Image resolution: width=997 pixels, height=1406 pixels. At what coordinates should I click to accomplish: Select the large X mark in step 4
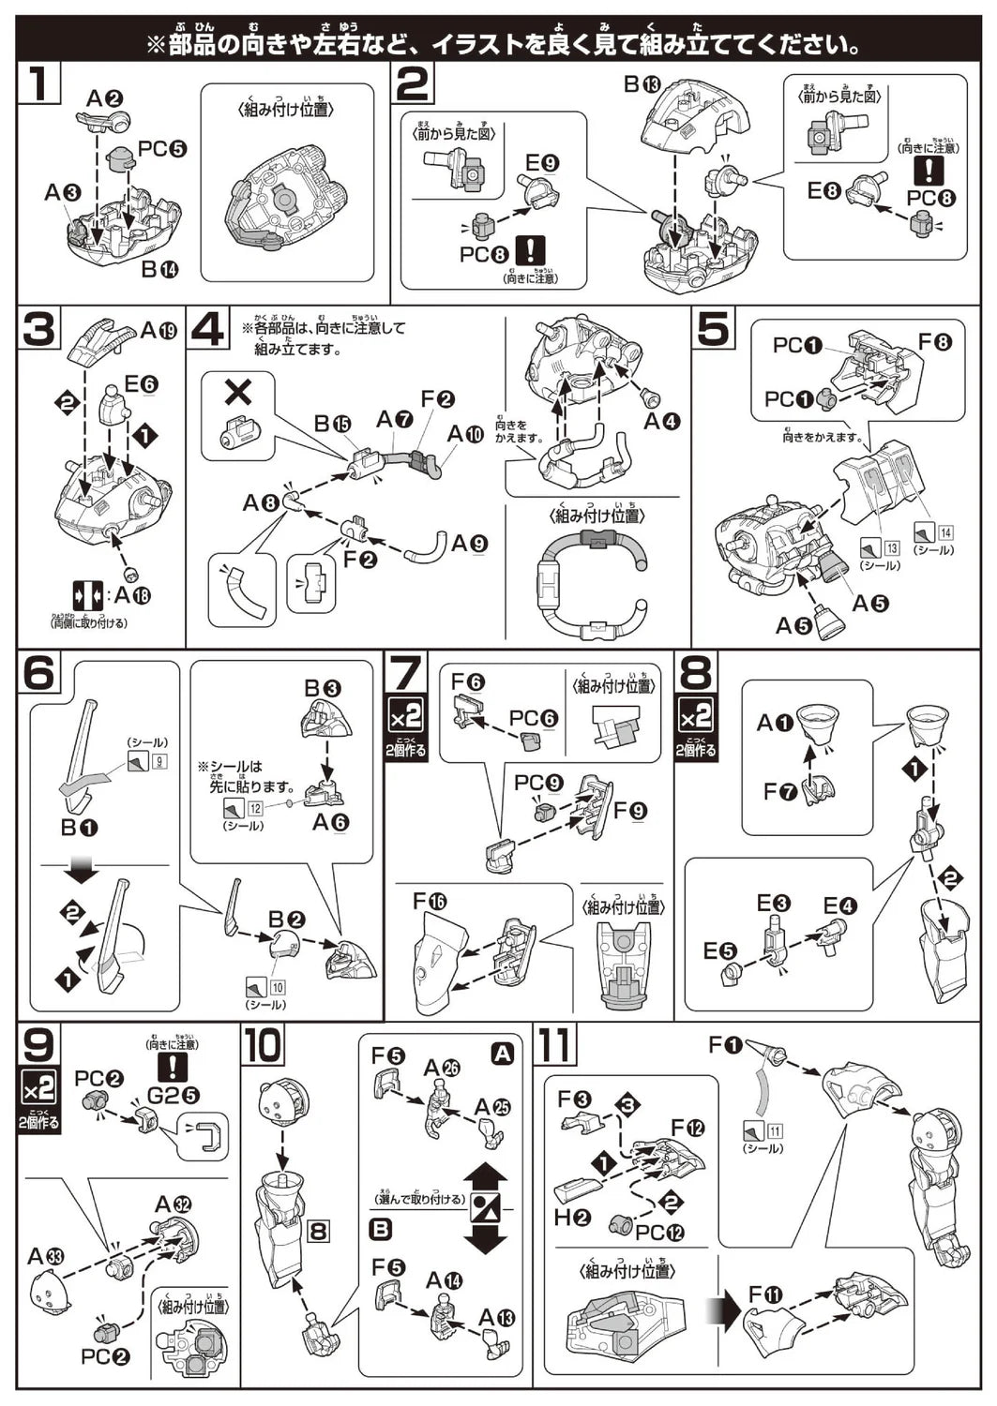coord(238,392)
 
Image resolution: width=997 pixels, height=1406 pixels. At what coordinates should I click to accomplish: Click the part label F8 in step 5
coord(934,343)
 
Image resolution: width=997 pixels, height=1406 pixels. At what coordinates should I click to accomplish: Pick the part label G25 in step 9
coord(173,1094)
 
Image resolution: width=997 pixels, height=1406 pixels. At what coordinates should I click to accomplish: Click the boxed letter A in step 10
coord(503,1054)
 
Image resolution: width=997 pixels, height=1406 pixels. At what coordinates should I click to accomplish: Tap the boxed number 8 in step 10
coord(319,1229)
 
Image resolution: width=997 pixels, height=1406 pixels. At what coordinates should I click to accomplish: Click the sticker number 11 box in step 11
coord(776,1130)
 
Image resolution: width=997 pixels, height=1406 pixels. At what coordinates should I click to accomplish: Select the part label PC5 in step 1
coord(161,148)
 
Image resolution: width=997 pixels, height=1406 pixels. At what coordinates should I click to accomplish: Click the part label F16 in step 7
coord(430,902)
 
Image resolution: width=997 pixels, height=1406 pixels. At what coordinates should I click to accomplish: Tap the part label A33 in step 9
coord(48,1256)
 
